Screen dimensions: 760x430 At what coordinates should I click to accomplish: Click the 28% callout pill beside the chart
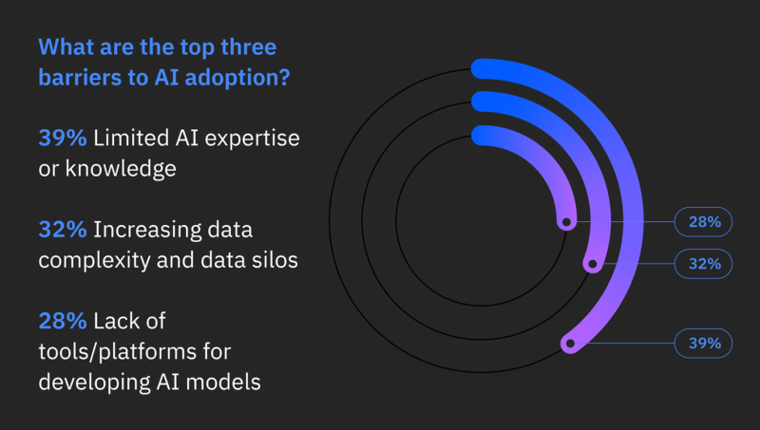pyautogui.click(x=703, y=222)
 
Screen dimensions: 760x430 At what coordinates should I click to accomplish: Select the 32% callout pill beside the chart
pyautogui.click(x=703, y=264)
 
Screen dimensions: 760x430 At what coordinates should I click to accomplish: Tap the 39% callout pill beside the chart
pyautogui.click(x=703, y=344)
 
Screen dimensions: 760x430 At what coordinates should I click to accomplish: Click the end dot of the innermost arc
pyautogui.click(x=566, y=222)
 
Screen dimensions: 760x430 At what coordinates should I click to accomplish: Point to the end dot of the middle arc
pyautogui.click(x=592, y=265)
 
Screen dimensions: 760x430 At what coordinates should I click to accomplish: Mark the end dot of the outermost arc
pyautogui.click(x=571, y=344)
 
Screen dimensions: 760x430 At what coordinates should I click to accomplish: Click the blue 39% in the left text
pyautogui.click(x=63, y=138)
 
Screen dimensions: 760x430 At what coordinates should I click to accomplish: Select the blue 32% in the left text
pyautogui.click(x=63, y=230)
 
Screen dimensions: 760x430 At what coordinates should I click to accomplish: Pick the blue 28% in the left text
pyautogui.click(x=63, y=321)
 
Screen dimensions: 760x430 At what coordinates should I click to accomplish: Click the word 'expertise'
pyautogui.click(x=252, y=139)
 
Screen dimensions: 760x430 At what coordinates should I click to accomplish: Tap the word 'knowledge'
pyautogui.click(x=121, y=170)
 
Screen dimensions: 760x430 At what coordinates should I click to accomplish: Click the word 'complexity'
pyautogui.click(x=94, y=261)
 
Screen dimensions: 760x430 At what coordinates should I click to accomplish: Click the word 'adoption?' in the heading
pyautogui.click(x=237, y=78)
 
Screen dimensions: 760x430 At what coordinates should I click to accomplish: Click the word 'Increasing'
pyautogui.click(x=147, y=231)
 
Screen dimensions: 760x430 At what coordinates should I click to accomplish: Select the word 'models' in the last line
pyautogui.click(x=223, y=382)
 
